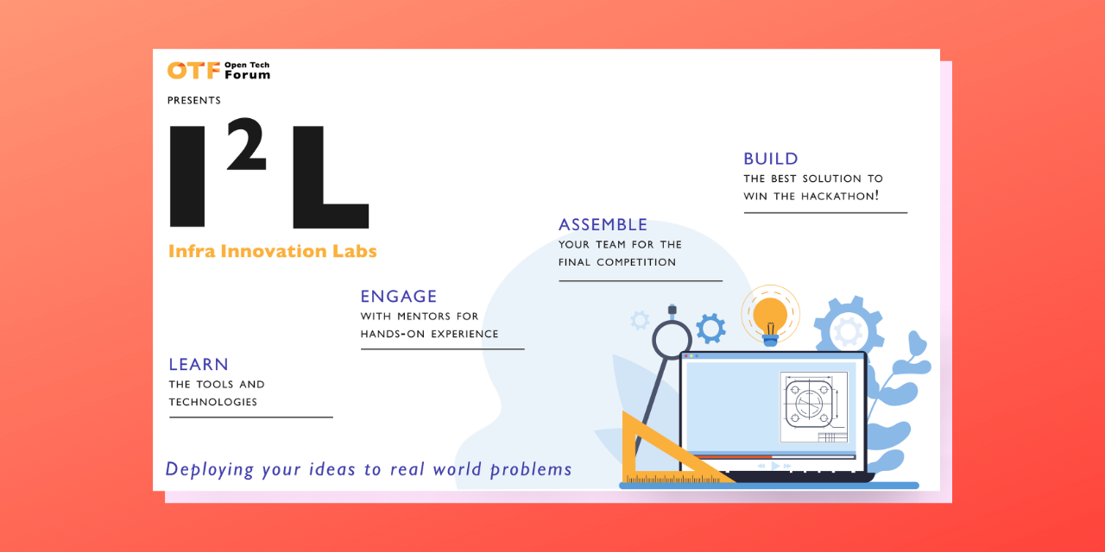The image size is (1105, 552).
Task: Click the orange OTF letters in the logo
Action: click(192, 71)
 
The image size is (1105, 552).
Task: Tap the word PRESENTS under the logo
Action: click(194, 101)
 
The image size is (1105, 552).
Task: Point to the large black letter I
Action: click(188, 177)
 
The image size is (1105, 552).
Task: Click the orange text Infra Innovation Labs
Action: click(273, 251)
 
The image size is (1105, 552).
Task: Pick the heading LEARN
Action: click(199, 365)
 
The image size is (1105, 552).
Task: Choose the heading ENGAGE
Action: click(399, 297)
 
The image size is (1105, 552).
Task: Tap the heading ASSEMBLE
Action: click(603, 225)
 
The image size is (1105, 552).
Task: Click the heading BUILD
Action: click(771, 159)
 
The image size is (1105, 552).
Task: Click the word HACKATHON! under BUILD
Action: click(840, 196)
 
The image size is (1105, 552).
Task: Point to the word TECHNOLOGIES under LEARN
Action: click(213, 402)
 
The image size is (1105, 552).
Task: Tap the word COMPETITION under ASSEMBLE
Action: click(636, 262)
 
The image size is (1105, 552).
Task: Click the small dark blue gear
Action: click(710, 328)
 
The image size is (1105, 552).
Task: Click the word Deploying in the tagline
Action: click(210, 469)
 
